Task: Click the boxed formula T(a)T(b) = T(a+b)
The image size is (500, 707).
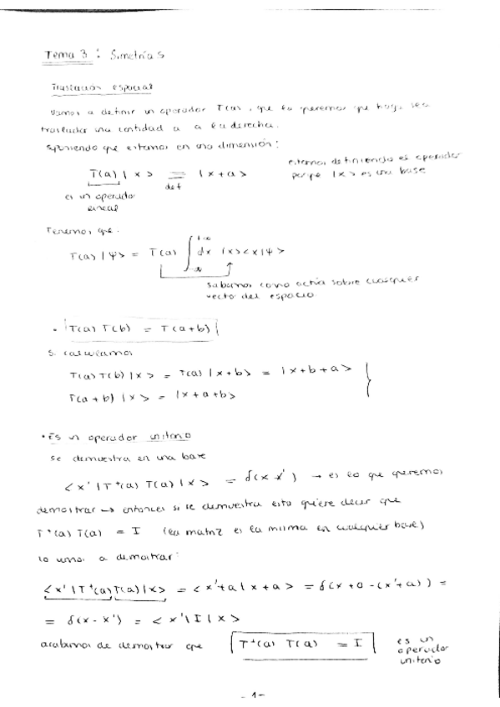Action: tap(168, 329)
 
